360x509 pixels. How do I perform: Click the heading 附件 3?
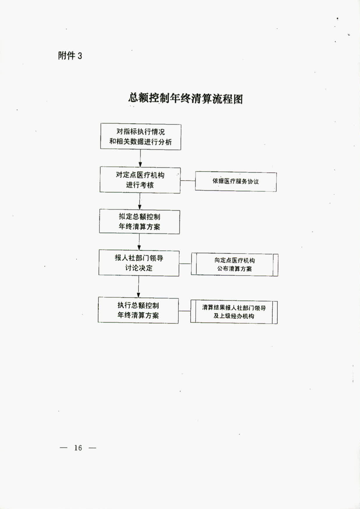click(70, 55)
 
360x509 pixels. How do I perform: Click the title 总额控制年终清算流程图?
click(185, 98)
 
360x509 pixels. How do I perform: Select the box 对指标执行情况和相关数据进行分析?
click(141, 137)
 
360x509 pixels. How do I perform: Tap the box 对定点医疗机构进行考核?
click(140, 180)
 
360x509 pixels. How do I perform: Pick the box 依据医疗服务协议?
click(236, 181)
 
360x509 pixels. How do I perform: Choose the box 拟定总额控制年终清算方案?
click(139, 221)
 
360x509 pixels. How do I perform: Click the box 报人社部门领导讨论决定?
click(139, 263)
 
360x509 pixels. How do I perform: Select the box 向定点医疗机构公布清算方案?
click(235, 265)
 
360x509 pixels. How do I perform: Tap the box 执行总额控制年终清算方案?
click(138, 310)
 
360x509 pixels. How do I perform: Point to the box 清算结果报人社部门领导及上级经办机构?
click(234, 312)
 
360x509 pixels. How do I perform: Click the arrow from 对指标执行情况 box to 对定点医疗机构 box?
click(140, 159)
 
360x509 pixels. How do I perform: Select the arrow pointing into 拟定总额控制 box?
click(140, 201)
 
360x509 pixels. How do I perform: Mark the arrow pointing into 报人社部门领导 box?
click(139, 242)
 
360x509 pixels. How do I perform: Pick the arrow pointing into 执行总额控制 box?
click(139, 287)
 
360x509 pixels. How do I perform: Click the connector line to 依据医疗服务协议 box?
click(188, 180)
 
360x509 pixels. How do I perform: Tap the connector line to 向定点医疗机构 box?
click(185, 264)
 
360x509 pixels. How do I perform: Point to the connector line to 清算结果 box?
click(185, 311)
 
